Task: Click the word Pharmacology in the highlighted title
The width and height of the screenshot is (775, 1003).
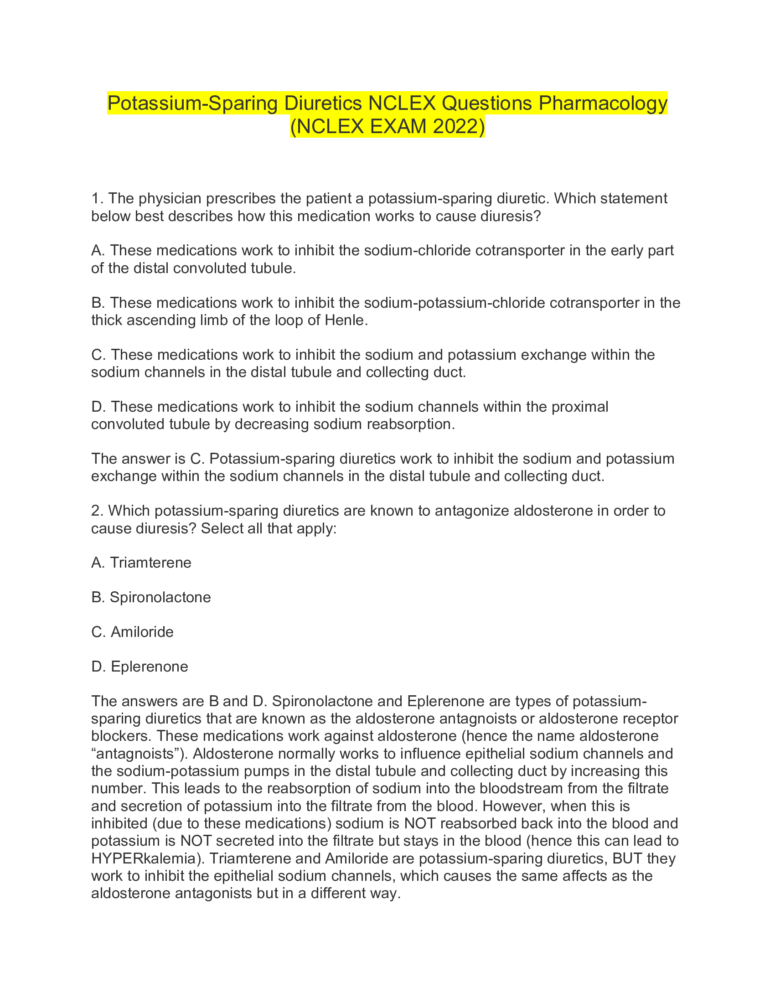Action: pos(603,103)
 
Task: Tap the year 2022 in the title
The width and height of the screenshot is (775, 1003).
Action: pos(455,127)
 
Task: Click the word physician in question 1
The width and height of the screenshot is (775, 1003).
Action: pos(170,198)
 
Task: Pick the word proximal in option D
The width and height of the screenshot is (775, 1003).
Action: pos(579,406)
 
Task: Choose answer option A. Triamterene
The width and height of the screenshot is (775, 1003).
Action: pos(141,563)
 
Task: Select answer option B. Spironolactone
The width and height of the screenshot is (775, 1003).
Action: pos(151,597)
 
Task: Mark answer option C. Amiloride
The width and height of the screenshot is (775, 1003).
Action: pos(133,632)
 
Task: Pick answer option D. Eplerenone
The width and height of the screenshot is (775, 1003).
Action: pos(140,667)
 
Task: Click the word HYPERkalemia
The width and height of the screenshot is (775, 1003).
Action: pos(147,858)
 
